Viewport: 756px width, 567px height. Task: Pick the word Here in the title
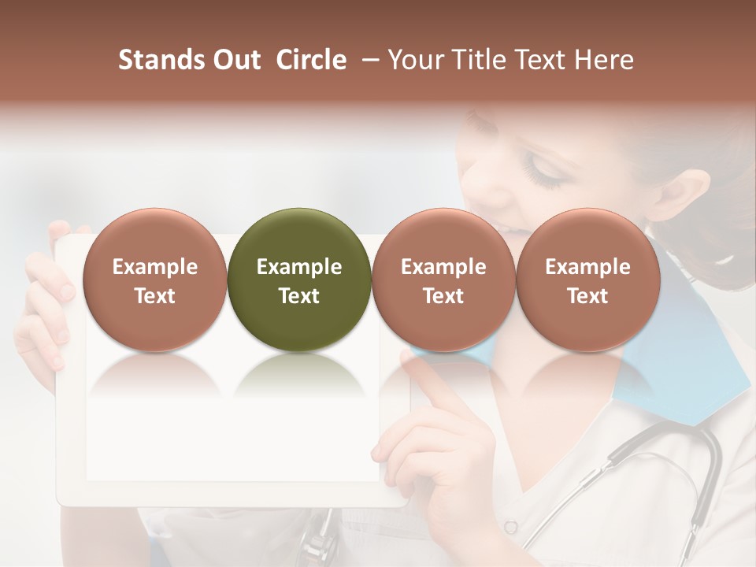(605, 61)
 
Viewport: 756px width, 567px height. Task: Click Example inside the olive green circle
(299, 267)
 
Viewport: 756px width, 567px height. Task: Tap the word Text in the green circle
(299, 296)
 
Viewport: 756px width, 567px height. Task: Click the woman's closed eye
(543, 169)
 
